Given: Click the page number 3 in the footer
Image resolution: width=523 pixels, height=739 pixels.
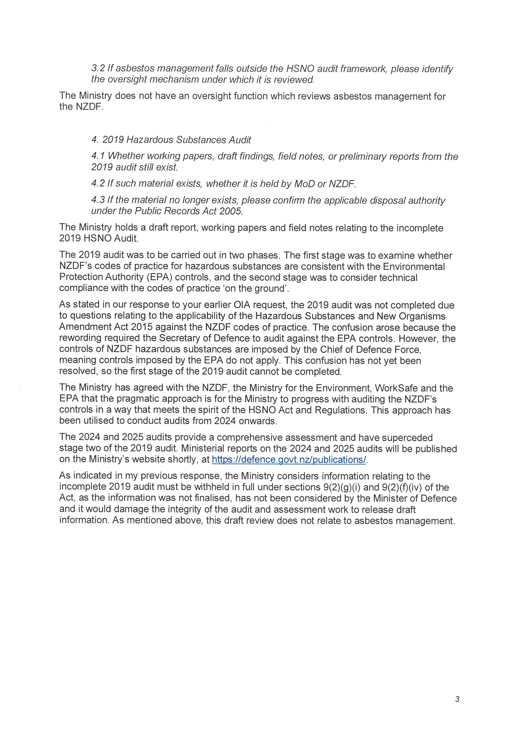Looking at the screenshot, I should (x=457, y=699).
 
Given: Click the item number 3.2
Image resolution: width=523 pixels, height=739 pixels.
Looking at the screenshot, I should (x=98, y=69).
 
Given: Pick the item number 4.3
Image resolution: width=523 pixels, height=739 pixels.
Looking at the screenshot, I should (x=98, y=200).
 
